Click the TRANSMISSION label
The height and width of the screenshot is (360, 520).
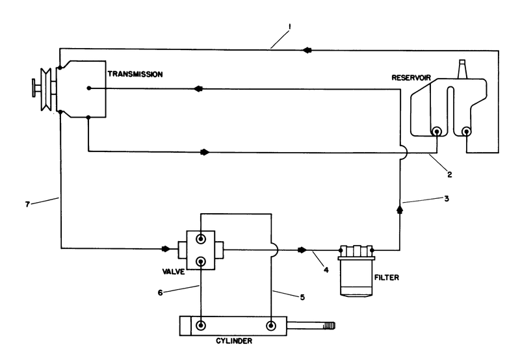[136, 75]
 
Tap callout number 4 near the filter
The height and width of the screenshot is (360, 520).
[325, 268]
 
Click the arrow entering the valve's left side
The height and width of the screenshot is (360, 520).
[166, 248]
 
